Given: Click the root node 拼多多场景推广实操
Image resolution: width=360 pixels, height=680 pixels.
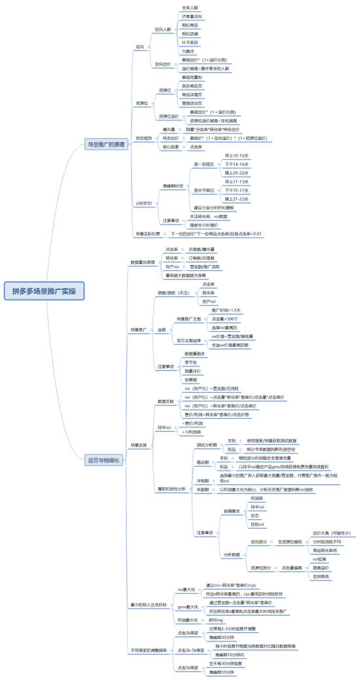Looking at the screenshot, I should coord(44,291).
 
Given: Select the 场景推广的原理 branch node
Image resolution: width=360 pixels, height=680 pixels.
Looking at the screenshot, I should coord(107,144).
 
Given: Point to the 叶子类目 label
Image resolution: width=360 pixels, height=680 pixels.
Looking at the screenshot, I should coord(189,41).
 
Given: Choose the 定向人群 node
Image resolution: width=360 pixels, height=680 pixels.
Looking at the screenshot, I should coord(162,29).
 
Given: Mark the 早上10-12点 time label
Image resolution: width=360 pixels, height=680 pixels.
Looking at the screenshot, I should coord(236,155).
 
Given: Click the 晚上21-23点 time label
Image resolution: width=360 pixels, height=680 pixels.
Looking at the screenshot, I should coord(236,198).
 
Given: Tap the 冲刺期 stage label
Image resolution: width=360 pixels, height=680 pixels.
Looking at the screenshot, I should coord(202,489).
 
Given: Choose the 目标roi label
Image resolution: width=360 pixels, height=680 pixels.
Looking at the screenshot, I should coord(257,543).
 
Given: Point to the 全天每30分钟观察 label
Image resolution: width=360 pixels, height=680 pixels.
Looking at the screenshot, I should coord(225,663).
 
